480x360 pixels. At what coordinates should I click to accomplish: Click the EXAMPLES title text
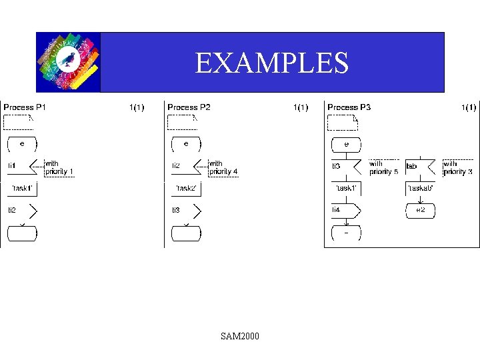coord(271,63)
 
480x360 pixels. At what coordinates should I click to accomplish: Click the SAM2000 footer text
coord(240,336)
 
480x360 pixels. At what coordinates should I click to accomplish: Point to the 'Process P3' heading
coord(349,107)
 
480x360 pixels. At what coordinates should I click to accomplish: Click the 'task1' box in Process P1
coord(22,189)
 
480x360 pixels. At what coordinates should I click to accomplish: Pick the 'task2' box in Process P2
coord(186,189)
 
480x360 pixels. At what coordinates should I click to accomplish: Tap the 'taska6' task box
coord(421,189)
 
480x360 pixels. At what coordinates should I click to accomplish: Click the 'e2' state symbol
coord(421,210)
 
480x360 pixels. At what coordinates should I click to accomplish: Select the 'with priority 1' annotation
coord(59,167)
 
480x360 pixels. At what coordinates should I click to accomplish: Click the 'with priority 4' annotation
coord(223,167)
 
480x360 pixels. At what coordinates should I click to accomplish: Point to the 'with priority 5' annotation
coord(383,167)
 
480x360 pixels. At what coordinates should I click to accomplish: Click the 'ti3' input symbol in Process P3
coord(346,166)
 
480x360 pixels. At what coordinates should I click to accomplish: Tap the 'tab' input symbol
coord(420,166)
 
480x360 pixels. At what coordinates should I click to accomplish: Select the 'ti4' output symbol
coord(346,210)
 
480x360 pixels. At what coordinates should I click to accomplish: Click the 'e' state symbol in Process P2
coord(186,143)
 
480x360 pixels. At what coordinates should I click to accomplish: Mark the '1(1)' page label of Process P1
coord(136,107)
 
